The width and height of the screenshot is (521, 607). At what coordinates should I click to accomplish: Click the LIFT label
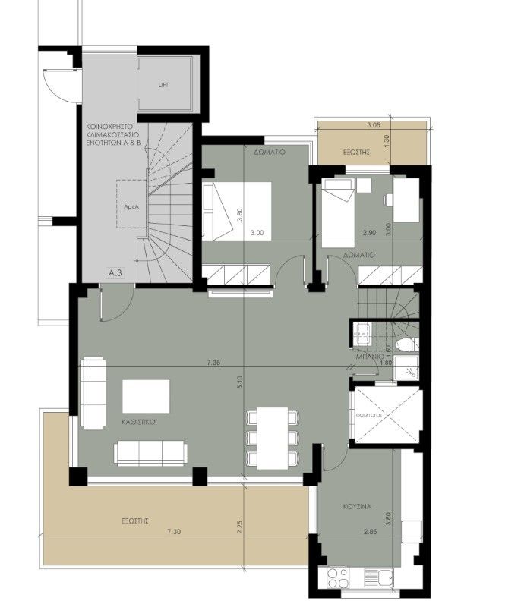(163, 85)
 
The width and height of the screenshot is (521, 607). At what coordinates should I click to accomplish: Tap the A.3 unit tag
(115, 272)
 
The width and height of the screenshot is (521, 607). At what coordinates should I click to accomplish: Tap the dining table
(271, 438)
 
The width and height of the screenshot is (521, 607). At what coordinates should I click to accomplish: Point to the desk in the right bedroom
(407, 199)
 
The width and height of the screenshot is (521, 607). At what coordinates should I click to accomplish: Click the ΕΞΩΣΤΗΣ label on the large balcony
(133, 522)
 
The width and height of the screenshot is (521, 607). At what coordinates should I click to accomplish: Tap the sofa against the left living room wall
(93, 393)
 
